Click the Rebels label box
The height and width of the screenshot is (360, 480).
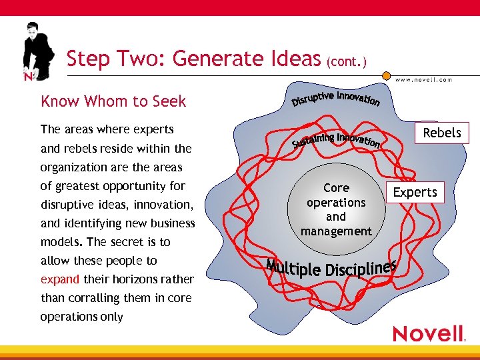tap(442, 133)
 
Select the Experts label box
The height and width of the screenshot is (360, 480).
tap(415, 193)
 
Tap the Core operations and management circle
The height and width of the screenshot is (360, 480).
tap(336, 209)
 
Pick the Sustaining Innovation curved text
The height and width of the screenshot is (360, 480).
tap(337, 139)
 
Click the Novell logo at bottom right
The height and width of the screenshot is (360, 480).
tap(429, 333)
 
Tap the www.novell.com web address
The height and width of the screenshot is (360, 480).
tap(423, 79)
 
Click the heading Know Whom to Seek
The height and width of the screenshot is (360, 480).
tap(113, 101)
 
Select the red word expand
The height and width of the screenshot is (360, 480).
tap(59, 279)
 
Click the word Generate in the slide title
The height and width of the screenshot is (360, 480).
tap(223, 59)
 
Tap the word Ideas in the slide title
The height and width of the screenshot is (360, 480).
tap(293, 59)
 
